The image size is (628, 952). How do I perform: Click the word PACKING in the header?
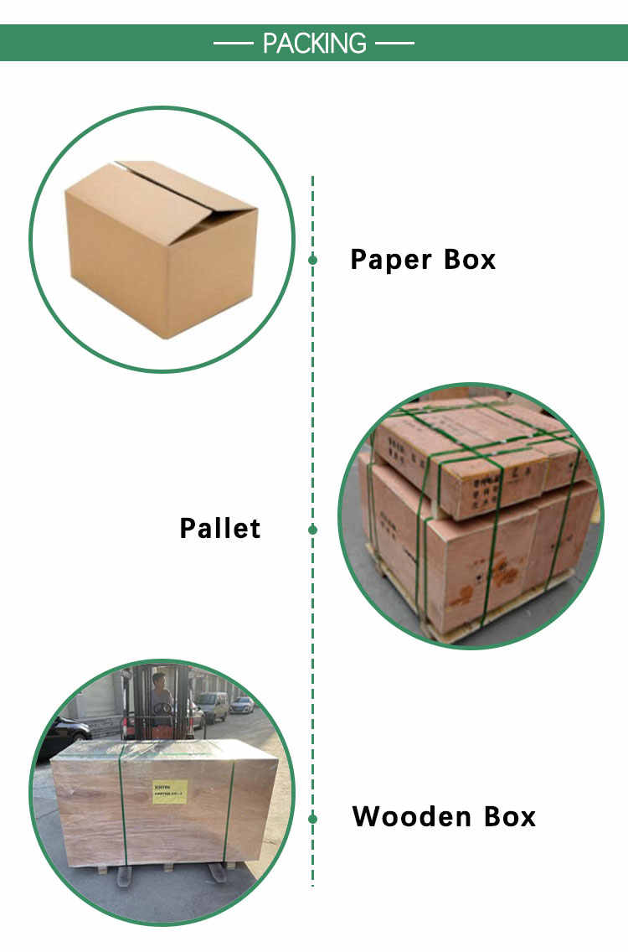coord(314,43)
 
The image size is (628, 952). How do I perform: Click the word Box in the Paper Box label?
coord(470,260)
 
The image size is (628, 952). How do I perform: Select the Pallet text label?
coord(220,529)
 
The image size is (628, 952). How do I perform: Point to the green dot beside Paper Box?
coord(312,260)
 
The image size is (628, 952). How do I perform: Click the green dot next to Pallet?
coord(312,530)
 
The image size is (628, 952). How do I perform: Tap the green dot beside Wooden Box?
coord(312,818)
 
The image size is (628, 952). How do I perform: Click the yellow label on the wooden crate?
coord(169,791)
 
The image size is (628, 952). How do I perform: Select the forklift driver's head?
coord(158,680)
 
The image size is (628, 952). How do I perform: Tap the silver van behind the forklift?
coord(213,706)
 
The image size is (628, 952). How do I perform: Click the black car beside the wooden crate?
coord(63,733)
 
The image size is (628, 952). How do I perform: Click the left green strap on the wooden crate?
coord(122,805)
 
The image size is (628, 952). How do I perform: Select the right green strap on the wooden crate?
coord(228,809)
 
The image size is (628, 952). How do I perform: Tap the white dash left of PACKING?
coord(232,43)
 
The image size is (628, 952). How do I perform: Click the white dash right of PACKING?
coord(395,43)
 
